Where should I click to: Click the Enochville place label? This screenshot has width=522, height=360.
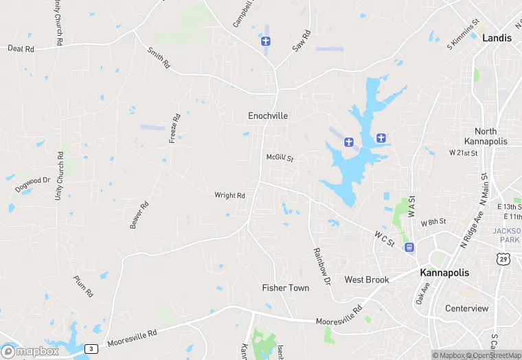(x=268, y=116)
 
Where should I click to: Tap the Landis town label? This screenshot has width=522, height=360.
(x=497, y=38)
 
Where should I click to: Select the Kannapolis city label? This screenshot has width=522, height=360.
(x=444, y=272)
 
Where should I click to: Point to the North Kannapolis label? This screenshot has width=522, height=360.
(x=491, y=136)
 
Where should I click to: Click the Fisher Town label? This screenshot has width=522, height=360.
(x=286, y=288)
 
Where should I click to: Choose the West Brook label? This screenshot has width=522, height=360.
(x=367, y=280)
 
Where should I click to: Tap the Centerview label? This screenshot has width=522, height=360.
(x=466, y=308)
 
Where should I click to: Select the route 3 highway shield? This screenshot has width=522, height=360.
(x=91, y=349)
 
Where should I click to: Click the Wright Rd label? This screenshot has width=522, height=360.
(x=229, y=196)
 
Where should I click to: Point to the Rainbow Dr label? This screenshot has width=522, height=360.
(x=321, y=267)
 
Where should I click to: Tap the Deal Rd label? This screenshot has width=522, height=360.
(x=21, y=49)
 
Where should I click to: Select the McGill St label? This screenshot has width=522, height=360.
(x=280, y=158)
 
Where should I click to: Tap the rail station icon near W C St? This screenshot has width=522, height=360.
(x=409, y=248)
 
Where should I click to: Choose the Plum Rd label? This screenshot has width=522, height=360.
(x=83, y=286)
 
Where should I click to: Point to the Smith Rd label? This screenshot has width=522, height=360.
(x=158, y=58)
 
